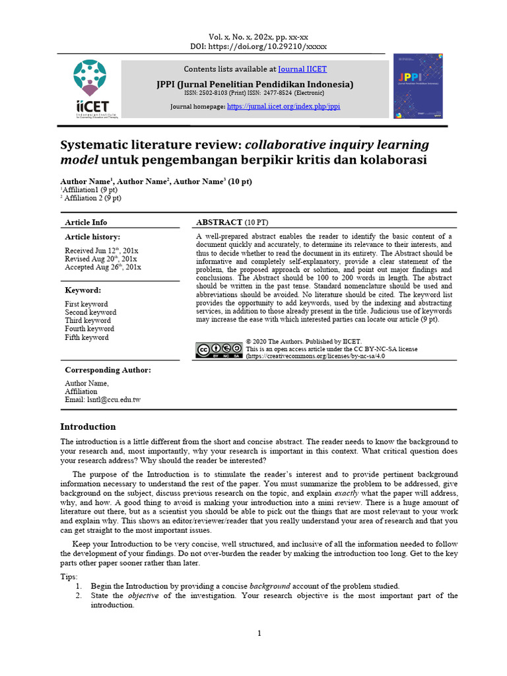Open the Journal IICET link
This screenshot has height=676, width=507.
tap(302, 69)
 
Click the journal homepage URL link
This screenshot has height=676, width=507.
tap(283, 106)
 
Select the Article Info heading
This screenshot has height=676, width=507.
tap(86, 222)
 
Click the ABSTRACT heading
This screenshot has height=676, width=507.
tap(233, 222)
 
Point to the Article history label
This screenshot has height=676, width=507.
tap(92, 237)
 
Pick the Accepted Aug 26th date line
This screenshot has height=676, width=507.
tap(102, 267)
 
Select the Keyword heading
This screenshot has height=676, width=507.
tap(83, 290)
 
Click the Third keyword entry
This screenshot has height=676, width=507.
tap(88, 320)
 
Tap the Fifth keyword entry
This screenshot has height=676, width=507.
tap(86, 337)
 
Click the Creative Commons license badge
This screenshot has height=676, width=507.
tap(218, 350)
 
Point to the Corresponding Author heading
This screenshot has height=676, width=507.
tap(108, 370)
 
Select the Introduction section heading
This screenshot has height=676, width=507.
tap(88, 426)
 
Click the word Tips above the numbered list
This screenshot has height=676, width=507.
tap(69, 577)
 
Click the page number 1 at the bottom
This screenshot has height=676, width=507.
tap(259, 634)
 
